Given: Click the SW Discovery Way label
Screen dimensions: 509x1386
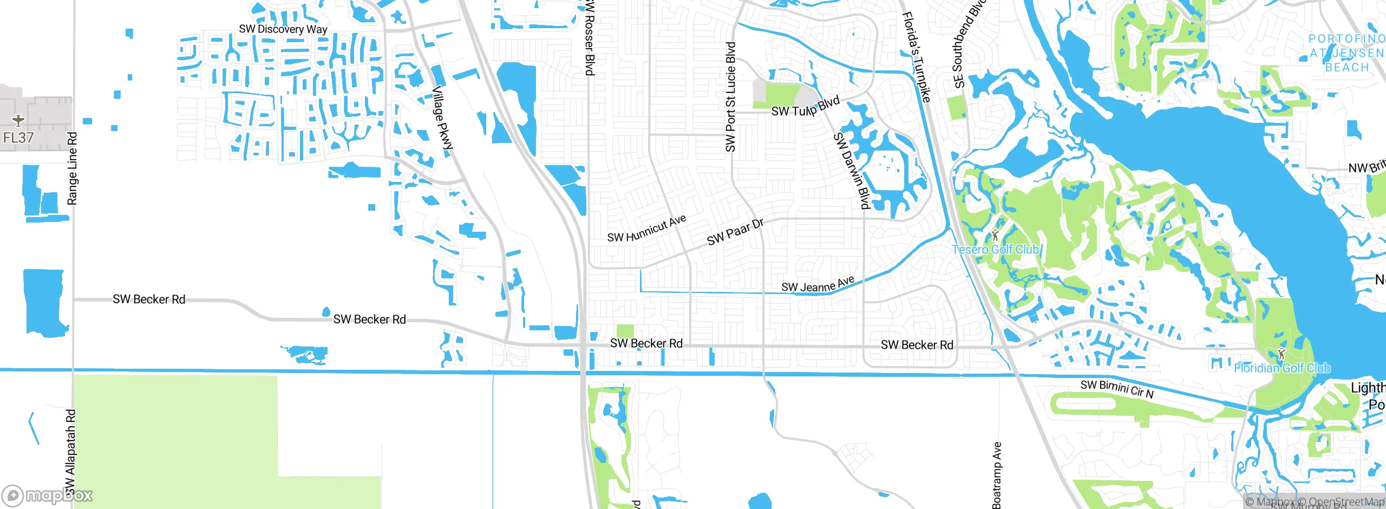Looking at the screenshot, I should (x=283, y=29).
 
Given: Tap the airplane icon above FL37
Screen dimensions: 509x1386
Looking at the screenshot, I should (x=18, y=120).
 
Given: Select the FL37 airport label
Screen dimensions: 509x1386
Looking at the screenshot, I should (x=18, y=138).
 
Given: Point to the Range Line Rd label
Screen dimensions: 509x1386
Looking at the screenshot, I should (x=72, y=168).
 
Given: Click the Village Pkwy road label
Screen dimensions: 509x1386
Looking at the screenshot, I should (x=442, y=118).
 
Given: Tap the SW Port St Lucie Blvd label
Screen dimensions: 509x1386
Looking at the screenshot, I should (x=730, y=97).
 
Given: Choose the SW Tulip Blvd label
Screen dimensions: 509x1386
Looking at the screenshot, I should (x=805, y=107).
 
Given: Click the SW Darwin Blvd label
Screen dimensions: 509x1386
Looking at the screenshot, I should (x=852, y=171).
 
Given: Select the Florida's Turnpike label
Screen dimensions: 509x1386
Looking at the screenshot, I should (x=916, y=57).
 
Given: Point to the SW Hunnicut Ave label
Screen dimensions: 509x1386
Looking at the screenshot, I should (x=646, y=229).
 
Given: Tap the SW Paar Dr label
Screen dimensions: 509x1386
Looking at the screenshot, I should (x=735, y=232).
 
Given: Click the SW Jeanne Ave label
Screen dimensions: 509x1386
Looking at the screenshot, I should (x=818, y=284).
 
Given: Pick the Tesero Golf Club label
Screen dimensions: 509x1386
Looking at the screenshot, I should (x=995, y=250).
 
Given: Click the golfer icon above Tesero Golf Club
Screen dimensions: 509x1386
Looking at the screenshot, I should (x=995, y=235).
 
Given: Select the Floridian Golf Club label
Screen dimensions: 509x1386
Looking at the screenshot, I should (x=1282, y=368).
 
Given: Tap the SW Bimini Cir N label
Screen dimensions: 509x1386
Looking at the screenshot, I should (x=1117, y=389).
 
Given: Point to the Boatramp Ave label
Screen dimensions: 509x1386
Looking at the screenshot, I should (x=997, y=475).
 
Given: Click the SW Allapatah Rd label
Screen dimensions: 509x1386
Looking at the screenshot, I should (x=71, y=452).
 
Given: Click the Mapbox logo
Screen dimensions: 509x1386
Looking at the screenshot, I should (x=48, y=495).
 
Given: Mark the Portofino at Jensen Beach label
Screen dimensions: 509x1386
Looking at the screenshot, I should (x=1346, y=53).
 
